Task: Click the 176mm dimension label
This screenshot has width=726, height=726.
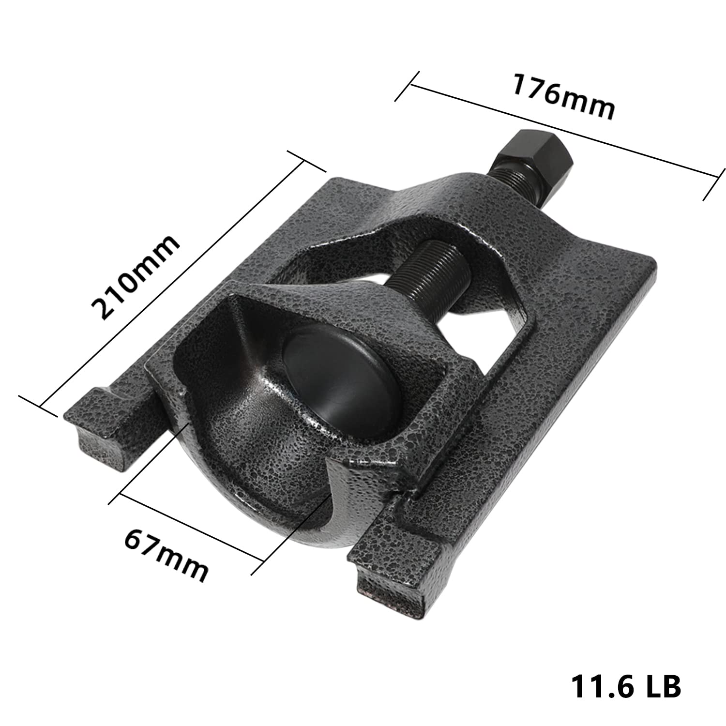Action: pyautogui.click(x=563, y=96)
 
